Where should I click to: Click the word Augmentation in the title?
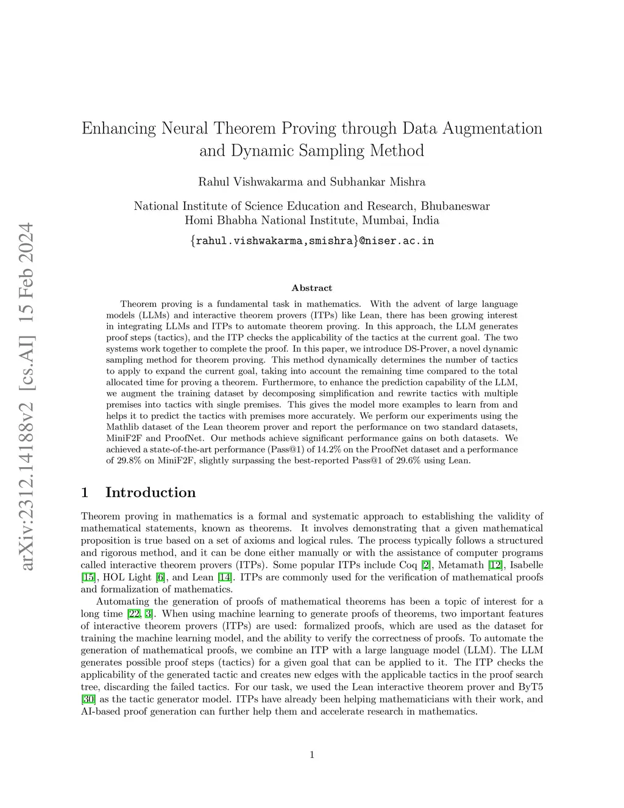(x=492, y=129)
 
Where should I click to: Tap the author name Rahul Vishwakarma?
(x=249, y=182)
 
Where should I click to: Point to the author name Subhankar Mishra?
(x=378, y=182)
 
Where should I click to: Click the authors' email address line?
(x=312, y=241)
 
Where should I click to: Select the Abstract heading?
(x=312, y=288)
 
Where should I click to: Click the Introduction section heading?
(x=151, y=493)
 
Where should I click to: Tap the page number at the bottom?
(x=312, y=755)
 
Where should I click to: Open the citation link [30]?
(x=88, y=699)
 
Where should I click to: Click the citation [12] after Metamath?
(x=495, y=565)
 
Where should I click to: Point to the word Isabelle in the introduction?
(x=526, y=565)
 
